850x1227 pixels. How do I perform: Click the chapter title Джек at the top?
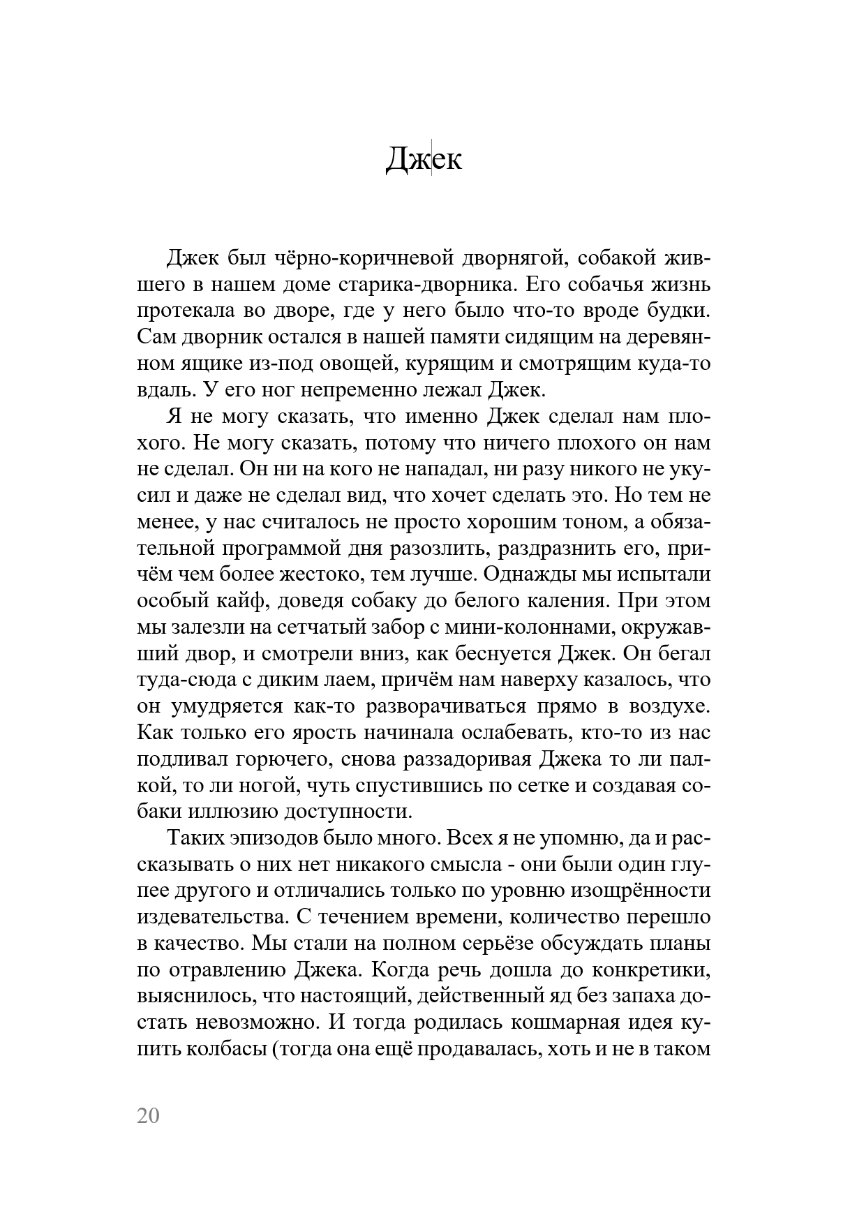click(x=424, y=160)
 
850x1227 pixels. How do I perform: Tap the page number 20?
click(x=149, y=1116)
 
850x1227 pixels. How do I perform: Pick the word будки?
click(x=678, y=311)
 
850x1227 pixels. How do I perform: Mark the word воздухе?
click(x=670, y=706)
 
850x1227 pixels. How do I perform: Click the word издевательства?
click(x=211, y=916)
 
